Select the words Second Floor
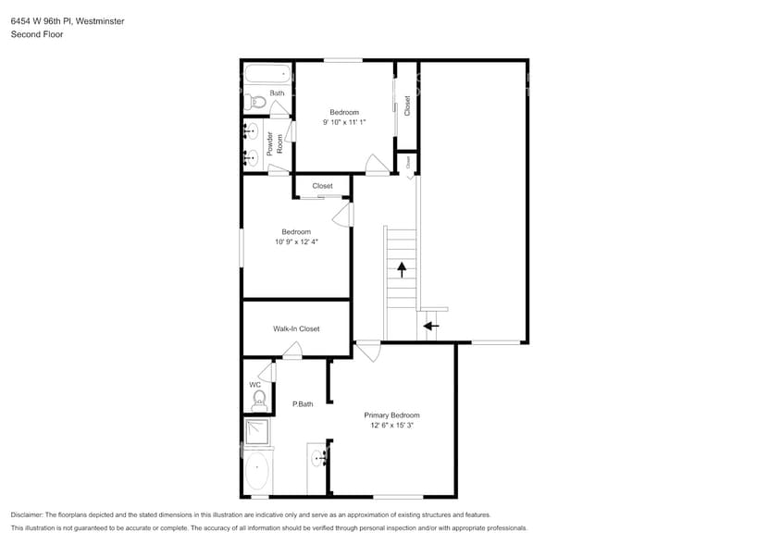click(x=32, y=34)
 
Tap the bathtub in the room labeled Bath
click(x=267, y=73)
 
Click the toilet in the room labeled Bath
click(x=256, y=103)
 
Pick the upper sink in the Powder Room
click(x=251, y=130)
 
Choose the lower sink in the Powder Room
click(x=251, y=158)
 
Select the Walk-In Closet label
click(x=296, y=328)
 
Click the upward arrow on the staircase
click(x=402, y=269)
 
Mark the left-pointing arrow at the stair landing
click(x=431, y=325)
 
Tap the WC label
click(x=254, y=385)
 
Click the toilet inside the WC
click(x=259, y=401)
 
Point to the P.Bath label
click(x=302, y=404)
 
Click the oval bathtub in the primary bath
click(x=257, y=472)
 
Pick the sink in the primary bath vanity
click(x=320, y=457)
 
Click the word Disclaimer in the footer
click(x=27, y=514)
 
